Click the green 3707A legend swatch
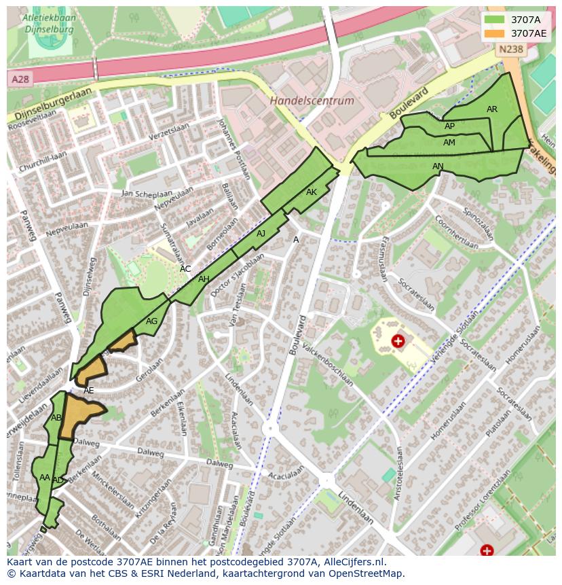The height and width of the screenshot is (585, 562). tap(494, 20)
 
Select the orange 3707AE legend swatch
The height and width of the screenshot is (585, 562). tap(494, 33)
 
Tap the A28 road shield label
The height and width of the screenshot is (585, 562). tap(20, 79)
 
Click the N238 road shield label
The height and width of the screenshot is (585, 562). tap(510, 49)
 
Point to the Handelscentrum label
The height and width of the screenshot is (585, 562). tap(312, 101)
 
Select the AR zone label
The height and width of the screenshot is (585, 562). tap(492, 109)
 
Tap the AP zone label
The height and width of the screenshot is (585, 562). tap(449, 126)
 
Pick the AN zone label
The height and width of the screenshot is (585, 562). tap(438, 166)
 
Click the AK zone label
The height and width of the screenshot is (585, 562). tap(312, 192)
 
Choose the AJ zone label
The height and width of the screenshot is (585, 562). tap(261, 234)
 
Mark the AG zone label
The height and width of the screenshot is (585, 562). tap(151, 321)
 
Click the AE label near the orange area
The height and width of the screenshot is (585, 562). tap(88, 391)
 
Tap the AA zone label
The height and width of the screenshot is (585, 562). tap(45, 478)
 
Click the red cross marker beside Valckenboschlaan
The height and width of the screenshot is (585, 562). tap(398, 340)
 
